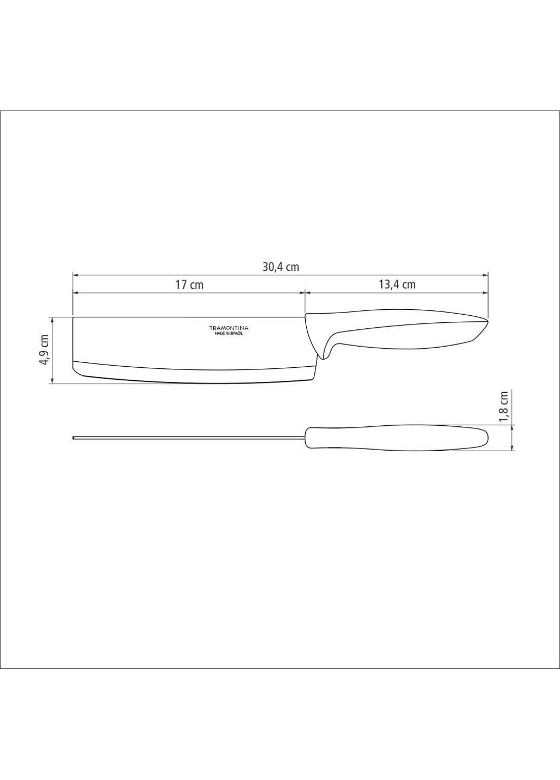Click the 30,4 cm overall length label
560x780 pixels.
coord(280,267)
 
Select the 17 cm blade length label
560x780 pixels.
coord(189,284)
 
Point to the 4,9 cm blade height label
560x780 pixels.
coord(45,350)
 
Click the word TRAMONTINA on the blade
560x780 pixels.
coord(228,328)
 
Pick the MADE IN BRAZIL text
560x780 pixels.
coord(228,334)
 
